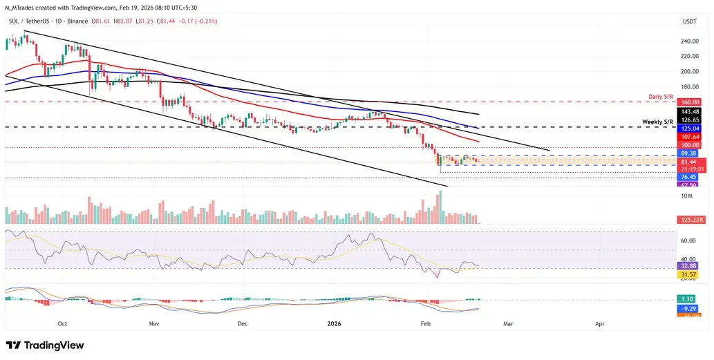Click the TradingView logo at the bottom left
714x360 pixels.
[45, 345]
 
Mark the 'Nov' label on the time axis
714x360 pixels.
[154, 323]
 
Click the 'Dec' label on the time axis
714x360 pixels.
[243, 323]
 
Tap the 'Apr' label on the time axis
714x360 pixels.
[599, 323]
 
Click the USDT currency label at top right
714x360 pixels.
[690, 22]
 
